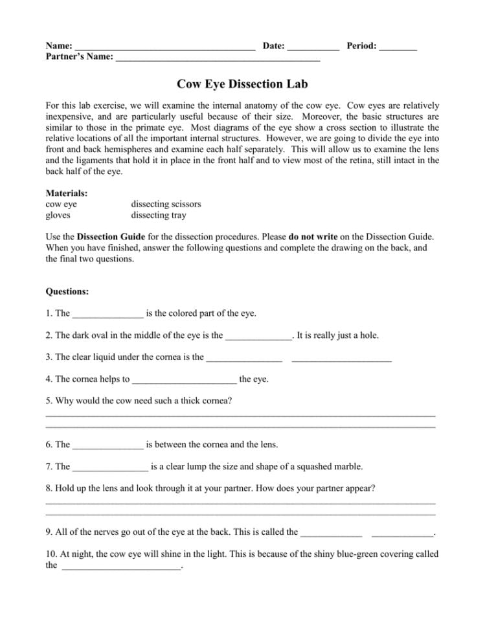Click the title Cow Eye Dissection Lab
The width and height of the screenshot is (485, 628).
click(x=242, y=84)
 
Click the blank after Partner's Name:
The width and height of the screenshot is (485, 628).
click(x=218, y=60)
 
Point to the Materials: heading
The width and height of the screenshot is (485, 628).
click(x=67, y=193)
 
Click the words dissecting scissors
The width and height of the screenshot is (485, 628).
click(x=166, y=204)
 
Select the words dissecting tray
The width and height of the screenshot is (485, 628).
click(x=158, y=215)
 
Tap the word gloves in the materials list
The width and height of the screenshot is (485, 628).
click(x=58, y=215)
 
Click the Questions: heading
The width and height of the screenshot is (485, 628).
click(x=67, y=291)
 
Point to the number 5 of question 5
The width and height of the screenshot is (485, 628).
click(x=49, y=401)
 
